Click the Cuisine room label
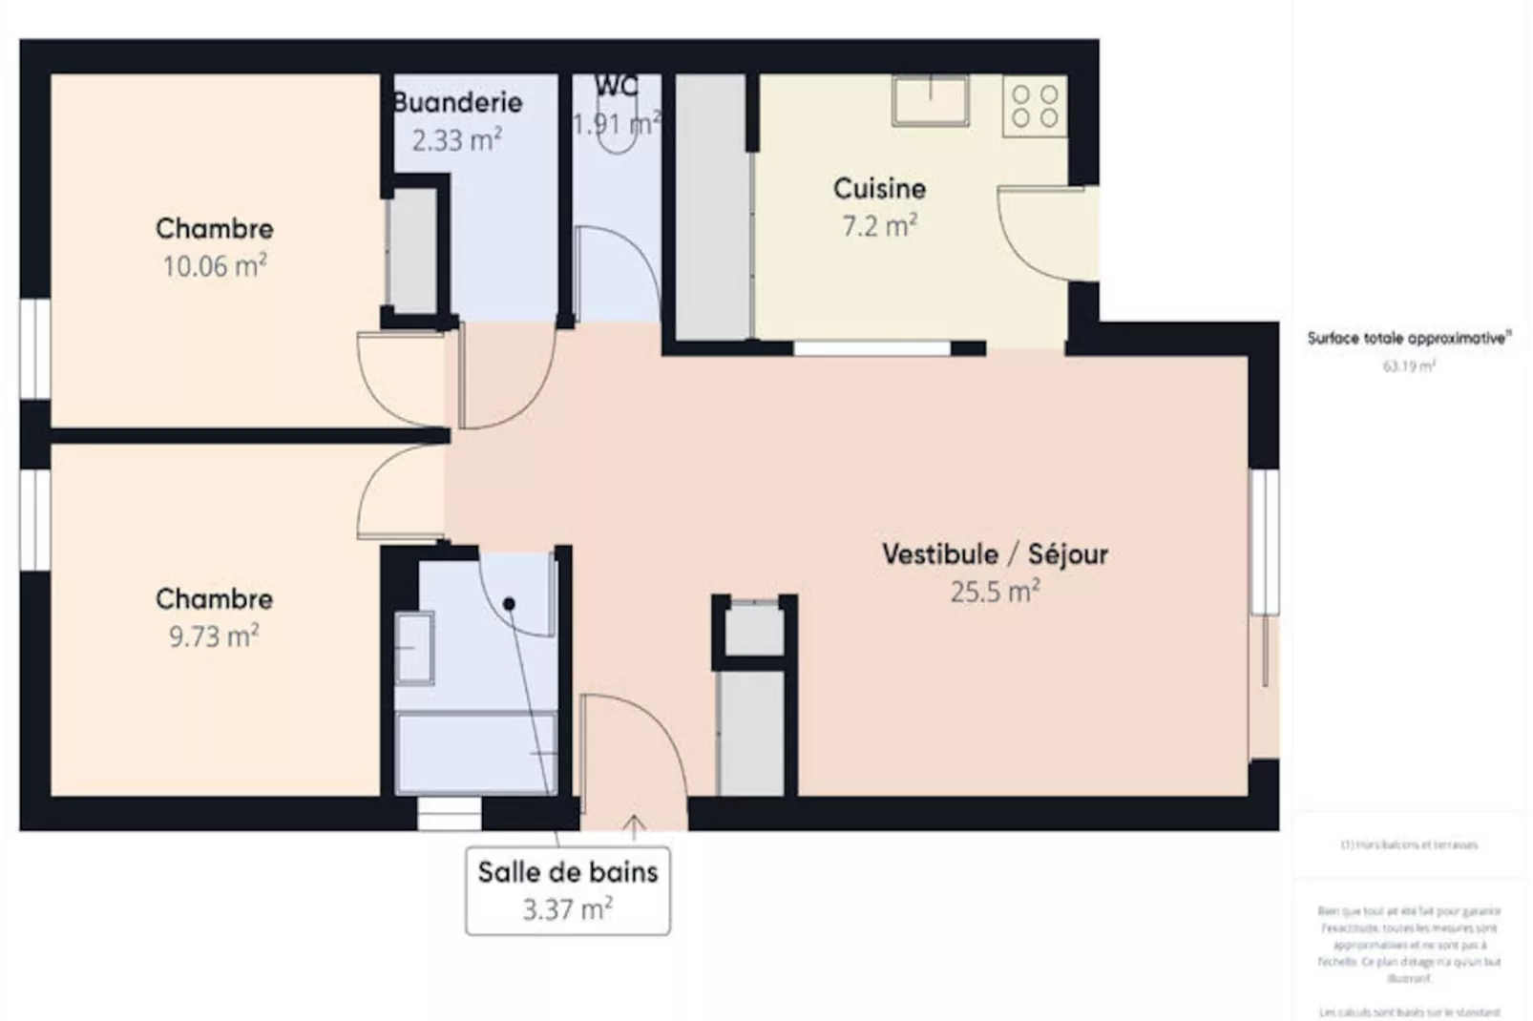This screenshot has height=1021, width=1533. click(879, 188)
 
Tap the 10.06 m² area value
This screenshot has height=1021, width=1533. click(214, 265)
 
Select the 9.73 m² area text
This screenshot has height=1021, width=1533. click(214, 636)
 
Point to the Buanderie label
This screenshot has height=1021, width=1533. click(458, 102)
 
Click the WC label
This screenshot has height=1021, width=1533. click(616, 86)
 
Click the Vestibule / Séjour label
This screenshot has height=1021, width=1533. click(995, 553)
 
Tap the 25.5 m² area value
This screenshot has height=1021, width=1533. click(995, 592)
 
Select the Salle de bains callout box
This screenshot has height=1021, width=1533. click(568, 890)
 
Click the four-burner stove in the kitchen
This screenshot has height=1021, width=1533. click(1035, 106)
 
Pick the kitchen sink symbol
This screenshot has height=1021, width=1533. click(931, 100)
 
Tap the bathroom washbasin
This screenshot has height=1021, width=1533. click(414, 648)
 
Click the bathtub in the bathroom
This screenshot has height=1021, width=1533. click(476, 752)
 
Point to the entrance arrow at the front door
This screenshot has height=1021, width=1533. click(634, 826)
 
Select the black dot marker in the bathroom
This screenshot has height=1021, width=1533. click(509, 604)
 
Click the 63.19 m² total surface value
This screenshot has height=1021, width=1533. click(1409, 366)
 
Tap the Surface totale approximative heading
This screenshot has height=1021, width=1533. click(1409, 338)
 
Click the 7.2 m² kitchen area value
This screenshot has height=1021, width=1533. click(879, 226)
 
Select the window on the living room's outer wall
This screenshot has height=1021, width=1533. click(1264, 541)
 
